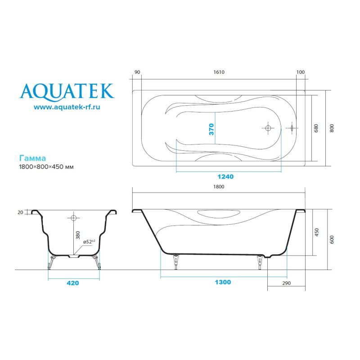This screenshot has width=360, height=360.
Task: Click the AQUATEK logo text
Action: [67, 91]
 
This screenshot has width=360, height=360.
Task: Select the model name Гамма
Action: [32, 158]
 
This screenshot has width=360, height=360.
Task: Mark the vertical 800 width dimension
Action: [332, 128]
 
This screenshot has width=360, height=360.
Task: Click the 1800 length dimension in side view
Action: [219, 187]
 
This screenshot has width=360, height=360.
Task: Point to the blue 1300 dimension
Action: [223, 282]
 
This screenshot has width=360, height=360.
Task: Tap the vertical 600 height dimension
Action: [332, 239]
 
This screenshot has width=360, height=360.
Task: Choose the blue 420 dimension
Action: [73, 283]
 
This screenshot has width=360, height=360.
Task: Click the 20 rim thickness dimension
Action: [21, 212]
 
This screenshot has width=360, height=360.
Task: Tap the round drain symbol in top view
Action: [267, 128]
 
